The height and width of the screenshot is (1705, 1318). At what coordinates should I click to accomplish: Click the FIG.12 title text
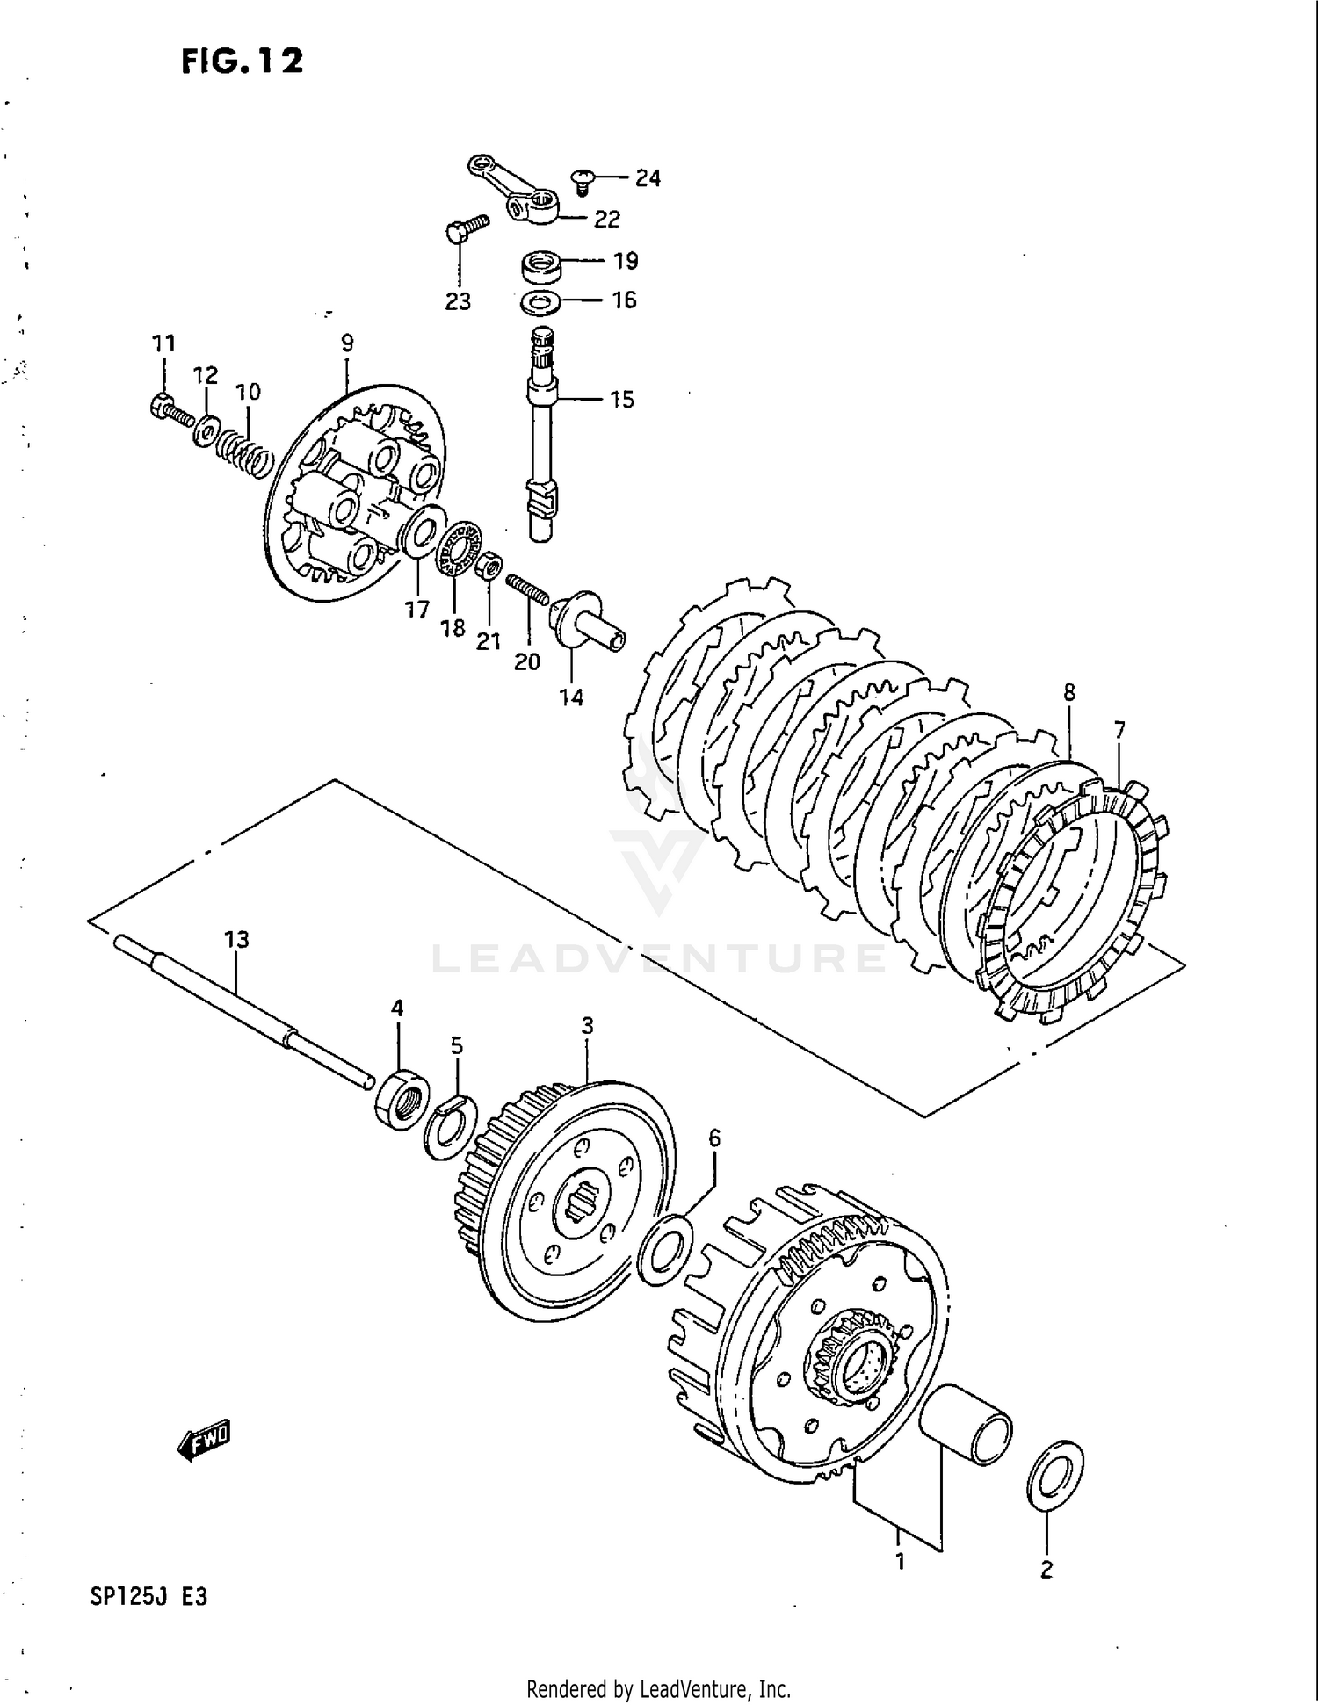(242, 61)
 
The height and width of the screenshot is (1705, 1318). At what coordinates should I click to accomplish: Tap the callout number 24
(648, 178)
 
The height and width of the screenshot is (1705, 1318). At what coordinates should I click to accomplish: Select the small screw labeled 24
(582, 181)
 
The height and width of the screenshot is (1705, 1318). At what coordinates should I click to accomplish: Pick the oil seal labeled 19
(541, 265)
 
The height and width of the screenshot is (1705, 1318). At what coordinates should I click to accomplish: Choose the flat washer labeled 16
(542, 304)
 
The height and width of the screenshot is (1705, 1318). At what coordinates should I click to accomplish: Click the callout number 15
(622, 400)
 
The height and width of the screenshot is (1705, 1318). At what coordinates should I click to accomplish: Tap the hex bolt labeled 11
(170, 408)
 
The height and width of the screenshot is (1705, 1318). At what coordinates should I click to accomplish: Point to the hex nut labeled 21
(490, 566)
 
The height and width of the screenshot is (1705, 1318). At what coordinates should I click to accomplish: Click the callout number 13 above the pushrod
(236, 940)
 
